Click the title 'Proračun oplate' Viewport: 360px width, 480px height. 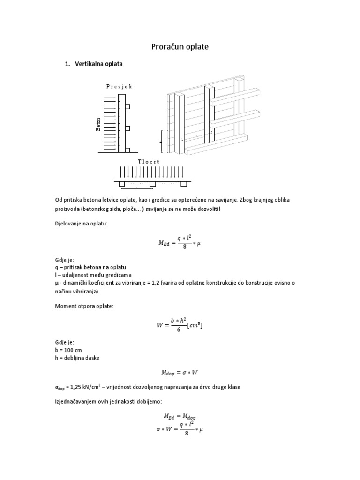180,47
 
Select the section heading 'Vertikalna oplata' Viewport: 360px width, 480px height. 98,64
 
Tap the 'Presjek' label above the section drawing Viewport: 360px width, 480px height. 119,86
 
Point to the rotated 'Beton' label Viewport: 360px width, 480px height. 98,125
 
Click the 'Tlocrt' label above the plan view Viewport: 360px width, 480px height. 149,161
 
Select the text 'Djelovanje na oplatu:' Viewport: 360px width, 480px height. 81,224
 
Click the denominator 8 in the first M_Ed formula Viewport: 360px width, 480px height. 185,247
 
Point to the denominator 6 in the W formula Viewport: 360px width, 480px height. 179,330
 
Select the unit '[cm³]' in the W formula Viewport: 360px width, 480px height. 195,325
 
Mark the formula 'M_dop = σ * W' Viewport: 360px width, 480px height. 180,373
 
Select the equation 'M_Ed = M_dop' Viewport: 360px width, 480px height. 180,416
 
